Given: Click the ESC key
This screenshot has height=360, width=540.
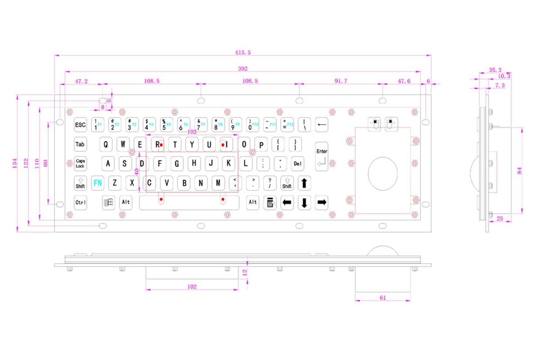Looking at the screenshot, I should coord(80,125).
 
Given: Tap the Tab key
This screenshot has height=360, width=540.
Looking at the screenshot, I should coord(80,144).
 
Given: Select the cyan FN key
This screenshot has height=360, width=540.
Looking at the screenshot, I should coord(97,183).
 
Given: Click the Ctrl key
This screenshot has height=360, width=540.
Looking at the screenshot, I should coord(80,202).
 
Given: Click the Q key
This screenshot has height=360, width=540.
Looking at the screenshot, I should coord(106,144).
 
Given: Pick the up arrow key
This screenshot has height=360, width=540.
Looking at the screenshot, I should coord(304,183).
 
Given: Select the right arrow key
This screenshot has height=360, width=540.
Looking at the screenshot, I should coord(321,202).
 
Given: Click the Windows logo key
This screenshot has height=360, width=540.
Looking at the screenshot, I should coord(108,202).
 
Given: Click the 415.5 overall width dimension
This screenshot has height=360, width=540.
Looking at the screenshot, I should coord(243,53).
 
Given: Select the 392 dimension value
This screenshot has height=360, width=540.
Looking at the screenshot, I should coord(243,68).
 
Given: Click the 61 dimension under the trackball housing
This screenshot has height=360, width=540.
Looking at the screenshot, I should coord(383,297).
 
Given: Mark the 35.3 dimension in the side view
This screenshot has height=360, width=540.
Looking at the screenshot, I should coord(495,70).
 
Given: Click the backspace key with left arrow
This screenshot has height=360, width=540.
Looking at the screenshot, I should coord(321,125).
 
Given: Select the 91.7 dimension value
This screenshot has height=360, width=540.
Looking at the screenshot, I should coord(341,81).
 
